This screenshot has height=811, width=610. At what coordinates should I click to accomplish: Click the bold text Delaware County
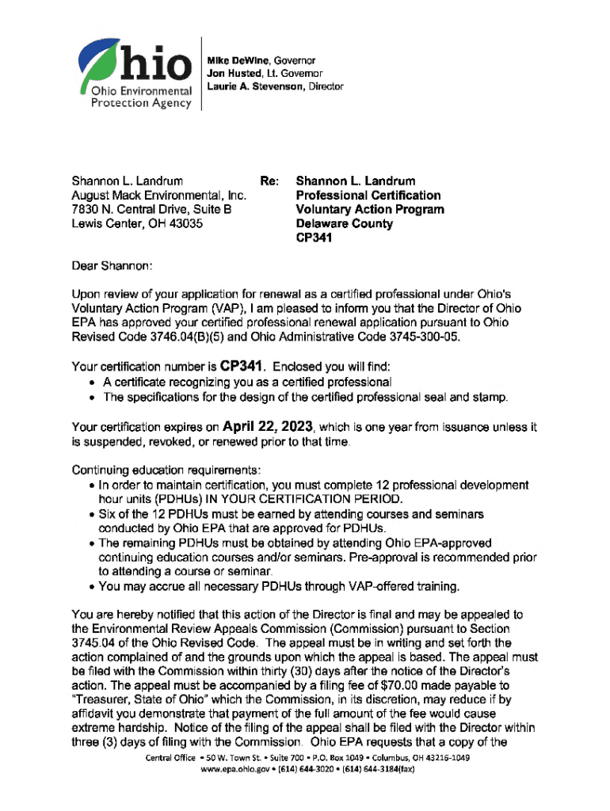[344, 224]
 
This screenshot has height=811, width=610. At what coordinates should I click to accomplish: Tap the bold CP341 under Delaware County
[315, 238]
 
